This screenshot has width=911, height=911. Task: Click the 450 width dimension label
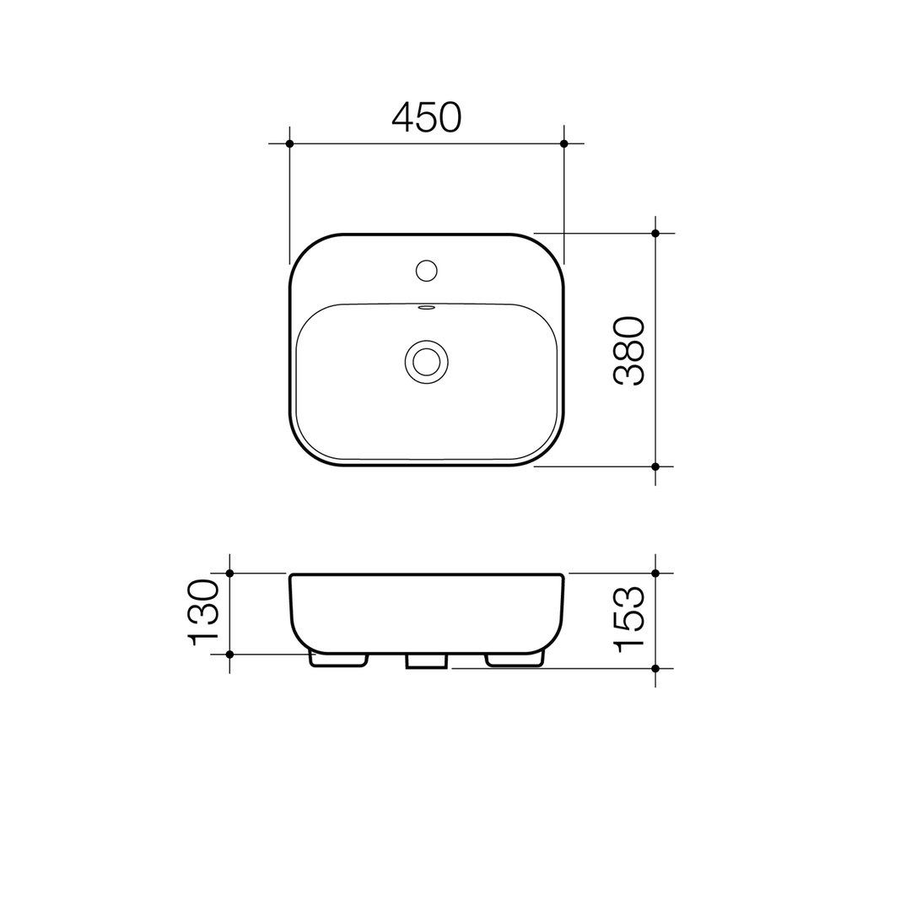click(x=427, y=116)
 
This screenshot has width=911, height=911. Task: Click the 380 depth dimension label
click(x=629, y=350)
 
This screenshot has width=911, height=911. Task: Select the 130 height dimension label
click(x=203, y=612)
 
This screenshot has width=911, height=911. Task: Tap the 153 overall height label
click(x=629, y=620)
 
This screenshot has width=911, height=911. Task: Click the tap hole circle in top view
click(x=427, y=271)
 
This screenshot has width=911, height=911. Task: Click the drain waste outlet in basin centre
click(x=427, y=362)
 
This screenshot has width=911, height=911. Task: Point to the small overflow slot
click(x=427, y=308)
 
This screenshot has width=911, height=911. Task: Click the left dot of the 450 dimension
click(x=290, y=143)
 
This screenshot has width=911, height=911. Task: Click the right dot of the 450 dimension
click(x=564, y=143)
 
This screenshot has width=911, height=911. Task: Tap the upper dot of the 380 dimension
click(x=655, y=234)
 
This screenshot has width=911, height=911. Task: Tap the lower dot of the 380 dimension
click(x=655, y=466)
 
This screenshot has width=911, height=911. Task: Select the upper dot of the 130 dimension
click(x=229, y=574)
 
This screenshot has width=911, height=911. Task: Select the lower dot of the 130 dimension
click(x=229, y=654)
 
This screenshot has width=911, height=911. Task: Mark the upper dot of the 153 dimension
click(x=655, y=574)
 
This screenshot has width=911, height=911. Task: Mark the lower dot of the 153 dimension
click(x=655, y=668)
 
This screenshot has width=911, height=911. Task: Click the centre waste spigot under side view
click(x=427, y=661)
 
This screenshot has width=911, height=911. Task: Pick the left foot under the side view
click(x=338, y=660)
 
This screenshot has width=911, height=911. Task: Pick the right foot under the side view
click(x=515, y=660)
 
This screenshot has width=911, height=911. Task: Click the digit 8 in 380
click(x=629, y=350)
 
